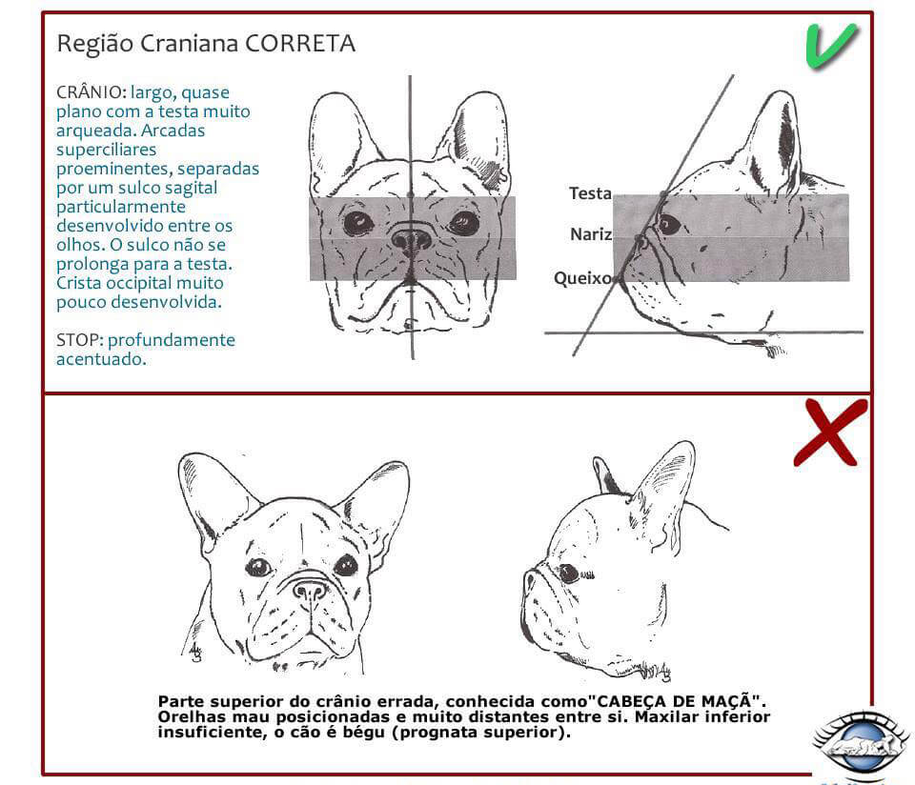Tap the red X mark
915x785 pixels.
(830, 432)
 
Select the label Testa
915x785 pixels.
(590, 193)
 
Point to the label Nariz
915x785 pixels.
(591, 234)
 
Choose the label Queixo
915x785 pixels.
(582, 278)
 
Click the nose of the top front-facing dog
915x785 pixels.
(412, 238)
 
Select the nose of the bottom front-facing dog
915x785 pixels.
(310, 590)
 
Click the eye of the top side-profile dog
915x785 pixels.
(669, 224)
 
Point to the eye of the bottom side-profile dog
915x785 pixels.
(569, 574)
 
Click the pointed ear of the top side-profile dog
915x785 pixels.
(777, 138)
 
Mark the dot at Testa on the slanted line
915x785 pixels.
(663, 194)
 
